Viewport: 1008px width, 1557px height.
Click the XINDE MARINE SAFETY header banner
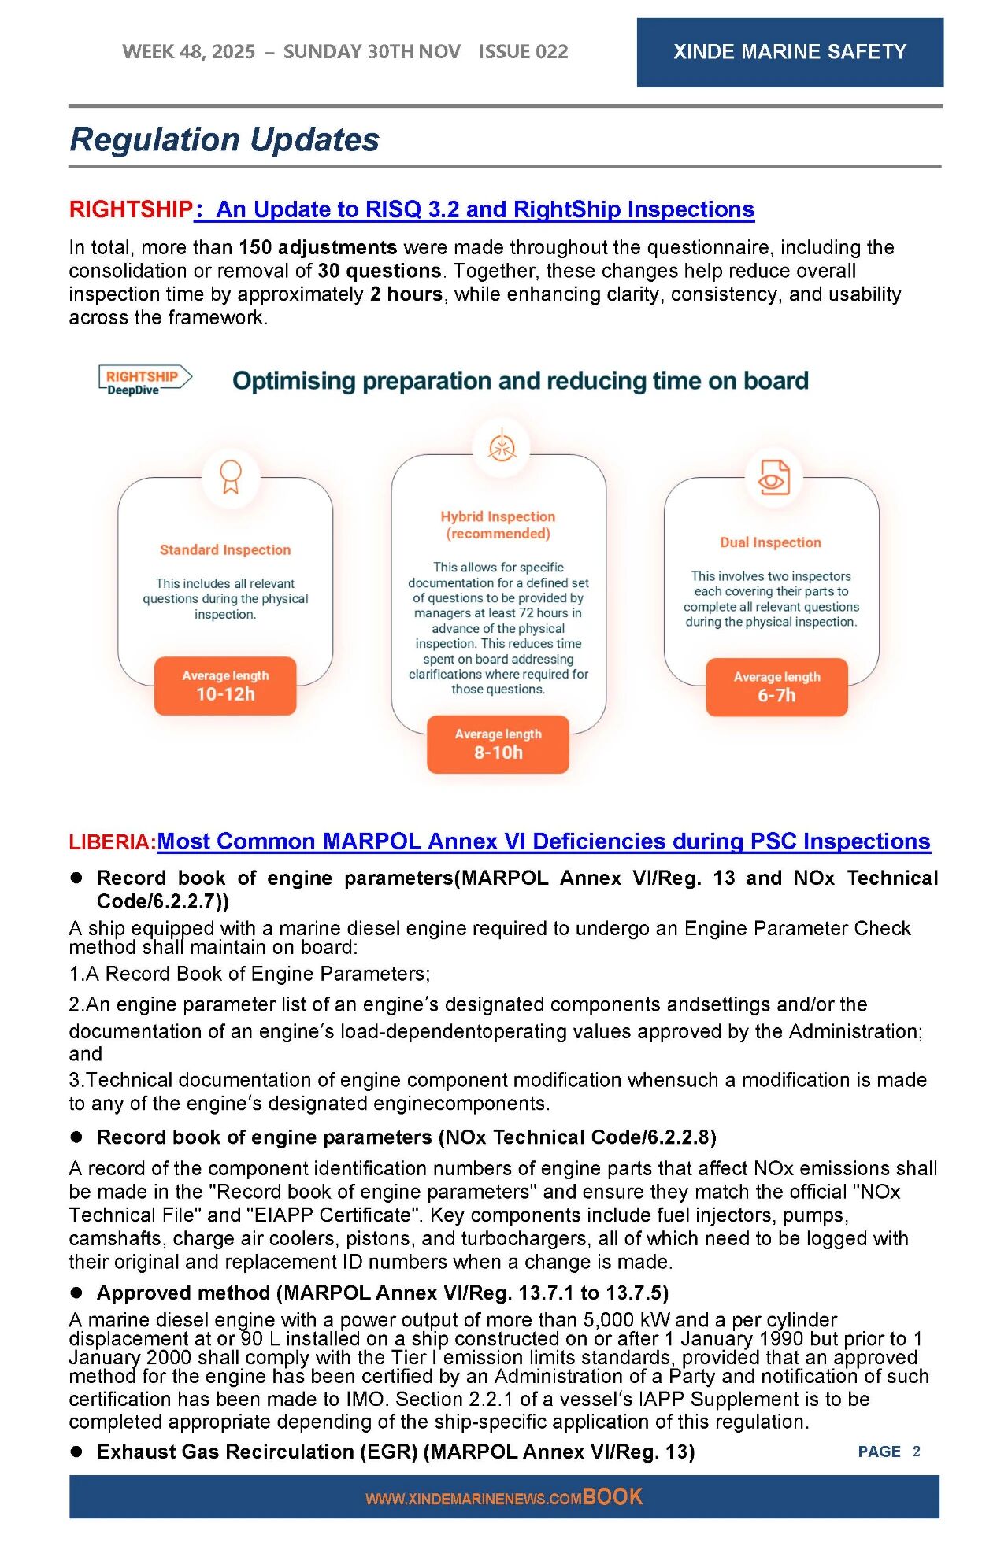pos(789,52)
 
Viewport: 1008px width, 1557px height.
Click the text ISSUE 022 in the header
pos(523,52)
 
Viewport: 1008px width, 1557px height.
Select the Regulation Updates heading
pos(224,139)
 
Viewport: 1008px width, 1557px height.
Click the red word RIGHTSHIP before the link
pos(131,209)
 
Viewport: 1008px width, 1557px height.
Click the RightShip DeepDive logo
pos(144,380)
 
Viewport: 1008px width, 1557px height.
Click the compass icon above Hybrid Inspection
pos(501,447)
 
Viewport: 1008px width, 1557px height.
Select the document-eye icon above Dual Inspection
pos(773,477)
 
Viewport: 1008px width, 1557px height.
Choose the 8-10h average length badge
pos(498,744)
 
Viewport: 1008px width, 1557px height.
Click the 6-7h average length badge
pos(776,687)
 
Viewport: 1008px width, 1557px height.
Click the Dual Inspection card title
pos(770,542)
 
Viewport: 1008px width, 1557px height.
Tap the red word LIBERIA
pos(112,842)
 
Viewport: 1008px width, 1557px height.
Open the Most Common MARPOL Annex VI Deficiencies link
pos(543,841)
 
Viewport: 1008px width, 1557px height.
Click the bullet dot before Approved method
pos(77,1293)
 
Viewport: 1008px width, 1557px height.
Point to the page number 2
pos(916,1452)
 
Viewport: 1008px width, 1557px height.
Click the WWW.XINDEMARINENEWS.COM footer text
pos(473,1499)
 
